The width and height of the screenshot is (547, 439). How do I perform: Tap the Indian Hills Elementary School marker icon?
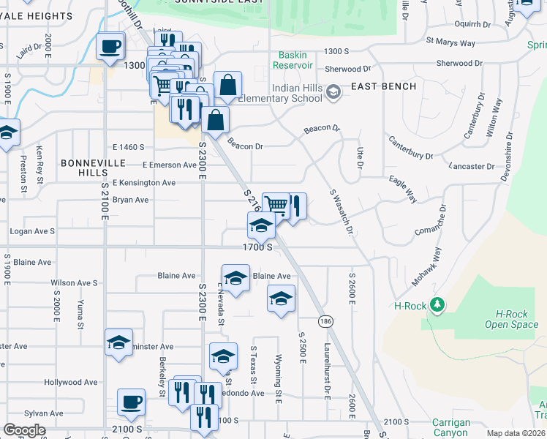pos(333,91)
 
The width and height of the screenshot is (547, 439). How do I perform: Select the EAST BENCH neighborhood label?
pos(383,86)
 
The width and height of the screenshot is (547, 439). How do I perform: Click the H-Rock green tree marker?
pos(437,304)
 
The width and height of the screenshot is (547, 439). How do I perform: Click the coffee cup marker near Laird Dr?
pos(110,47)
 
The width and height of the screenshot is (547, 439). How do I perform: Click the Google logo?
pos(24,430)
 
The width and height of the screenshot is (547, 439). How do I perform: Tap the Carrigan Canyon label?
pos(451,427)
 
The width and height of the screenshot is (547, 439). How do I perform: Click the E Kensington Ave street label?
pos(143,182)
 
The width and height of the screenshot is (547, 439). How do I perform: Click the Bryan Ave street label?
pos(130,200)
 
